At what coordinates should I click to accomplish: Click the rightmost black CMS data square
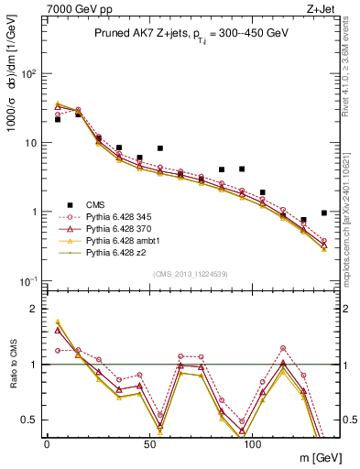click(x=324, y=213)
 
